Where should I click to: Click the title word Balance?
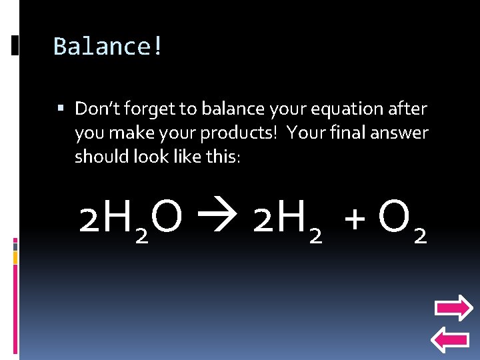pos(108,47)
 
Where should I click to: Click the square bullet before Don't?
pos(61,107)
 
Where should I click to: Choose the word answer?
pos(399,133)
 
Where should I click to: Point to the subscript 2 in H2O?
pos(141,235)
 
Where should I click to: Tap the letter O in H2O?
pos(167,217)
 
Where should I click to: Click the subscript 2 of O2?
pos(420,235)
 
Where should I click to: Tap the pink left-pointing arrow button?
pos(451,340)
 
